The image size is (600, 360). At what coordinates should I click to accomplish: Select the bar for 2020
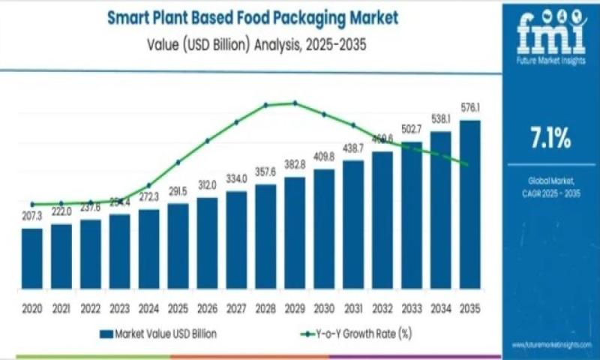click(x=32, y=259)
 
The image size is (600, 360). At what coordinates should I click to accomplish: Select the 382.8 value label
click(x=295, y=164)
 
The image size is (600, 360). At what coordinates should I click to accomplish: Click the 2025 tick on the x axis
click(x=178, y=308)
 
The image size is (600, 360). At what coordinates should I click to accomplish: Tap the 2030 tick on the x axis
click(x=324, y=308)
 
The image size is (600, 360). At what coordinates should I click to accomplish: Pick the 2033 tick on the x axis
click(x=412, y=308)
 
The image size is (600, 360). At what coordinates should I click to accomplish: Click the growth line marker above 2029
click(x=295, y=103)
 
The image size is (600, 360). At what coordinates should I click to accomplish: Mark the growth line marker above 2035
click(x=469, y=165)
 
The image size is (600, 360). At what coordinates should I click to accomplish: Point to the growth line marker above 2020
click(x=32, y=204)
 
